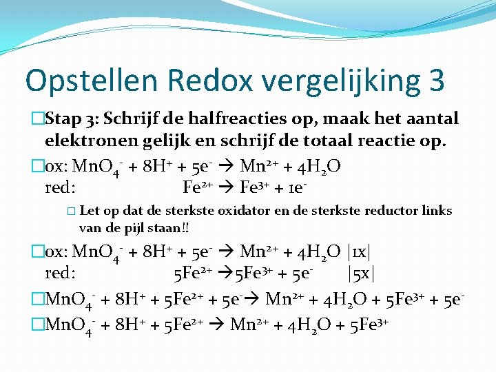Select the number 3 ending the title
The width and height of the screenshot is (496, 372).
tap(436, 81)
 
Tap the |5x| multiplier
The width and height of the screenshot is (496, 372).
tap(362, 273)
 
